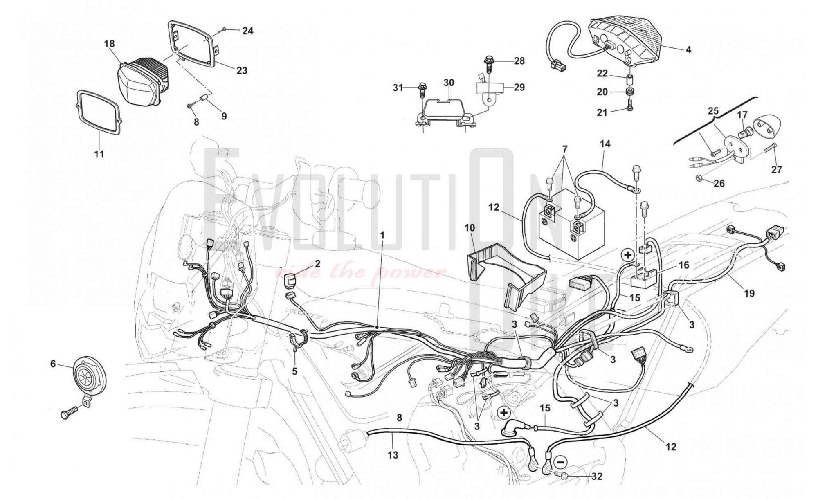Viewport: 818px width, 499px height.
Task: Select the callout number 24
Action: click(x=247, y=31)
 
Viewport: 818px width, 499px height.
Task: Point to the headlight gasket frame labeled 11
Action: click(x=99, y=112)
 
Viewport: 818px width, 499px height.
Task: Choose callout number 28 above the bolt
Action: click(x=519, y=61)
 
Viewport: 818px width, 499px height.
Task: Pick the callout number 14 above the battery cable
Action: click(x=605, y=144)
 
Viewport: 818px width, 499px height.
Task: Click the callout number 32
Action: click(x=597, y=477)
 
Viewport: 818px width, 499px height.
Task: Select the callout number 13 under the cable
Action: click(x=393, y=455)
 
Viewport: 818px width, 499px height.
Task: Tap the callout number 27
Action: click(x=776, y=169)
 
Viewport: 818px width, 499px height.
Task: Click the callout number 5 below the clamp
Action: click(x=294, y=371)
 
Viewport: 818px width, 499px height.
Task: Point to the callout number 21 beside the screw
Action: click(x=602, y=112)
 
